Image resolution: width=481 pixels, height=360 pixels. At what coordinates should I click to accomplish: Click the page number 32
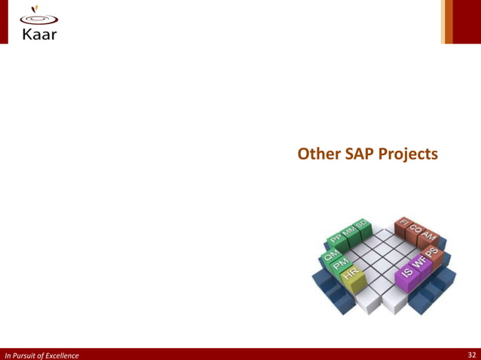coord(471,354)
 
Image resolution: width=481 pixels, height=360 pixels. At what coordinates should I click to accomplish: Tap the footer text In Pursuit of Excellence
coord(41,354)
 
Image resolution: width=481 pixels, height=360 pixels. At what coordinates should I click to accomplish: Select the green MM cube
coord(349,230)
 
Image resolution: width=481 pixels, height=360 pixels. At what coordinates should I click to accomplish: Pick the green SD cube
coord(362,224)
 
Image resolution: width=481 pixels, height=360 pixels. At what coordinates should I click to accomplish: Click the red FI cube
coord(403,224)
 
